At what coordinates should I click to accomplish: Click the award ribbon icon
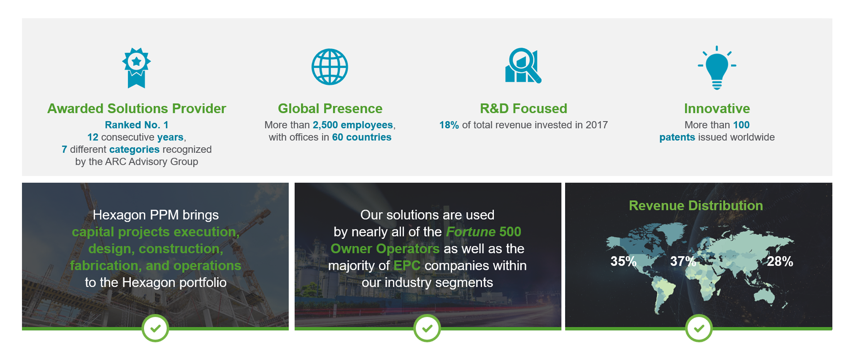(x=136, y=68)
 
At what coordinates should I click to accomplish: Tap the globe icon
(x=330, y=67)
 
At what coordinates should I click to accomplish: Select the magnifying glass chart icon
(x=523, y=66)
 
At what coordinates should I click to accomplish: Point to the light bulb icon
(x=717, y=68)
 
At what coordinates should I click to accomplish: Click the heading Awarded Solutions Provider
(x=137, y=109)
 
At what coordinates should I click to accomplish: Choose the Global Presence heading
(x=330, y=109)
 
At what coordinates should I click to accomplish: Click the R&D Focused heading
(x=523, y=109)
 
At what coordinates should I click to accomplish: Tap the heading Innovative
(x=717, y=109)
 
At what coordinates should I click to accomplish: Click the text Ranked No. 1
(x=137, y=125)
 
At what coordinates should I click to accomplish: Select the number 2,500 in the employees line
(x=325, y=125)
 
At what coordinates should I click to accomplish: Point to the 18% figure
(x=449, y=125)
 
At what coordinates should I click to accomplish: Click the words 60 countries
(x=362, y=137)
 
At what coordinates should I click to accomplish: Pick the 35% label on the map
(x=623, y=261)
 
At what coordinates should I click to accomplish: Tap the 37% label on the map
(x=683, y=261)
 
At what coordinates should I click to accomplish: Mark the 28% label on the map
(x=780, y=261)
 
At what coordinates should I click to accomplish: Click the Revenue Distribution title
(x=696, y=206)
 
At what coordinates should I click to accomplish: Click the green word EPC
(x=407, y=266)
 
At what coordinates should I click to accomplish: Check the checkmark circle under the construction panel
(x=155, y=328)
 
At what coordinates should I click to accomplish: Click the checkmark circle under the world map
(x=699, y=328)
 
